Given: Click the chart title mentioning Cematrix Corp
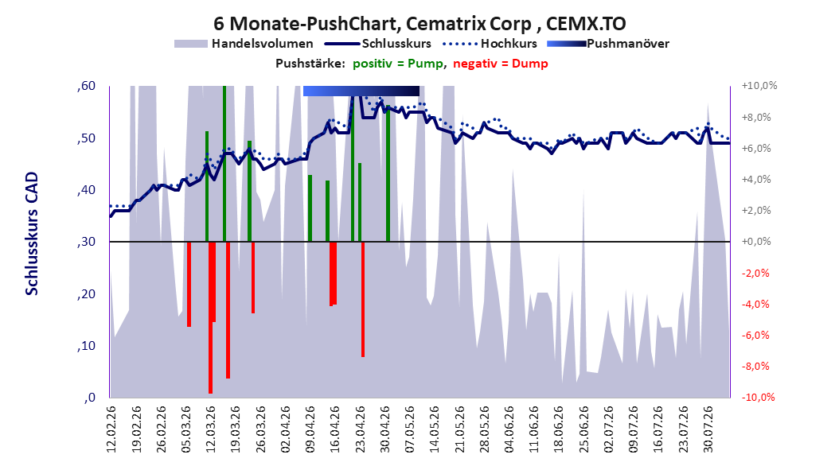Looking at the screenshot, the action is point(419,24).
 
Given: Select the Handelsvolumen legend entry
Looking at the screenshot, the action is point(244,44).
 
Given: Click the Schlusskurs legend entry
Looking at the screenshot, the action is point(378,44).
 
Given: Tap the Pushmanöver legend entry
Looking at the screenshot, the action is point(608,44).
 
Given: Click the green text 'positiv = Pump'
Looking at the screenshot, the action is point(397,64).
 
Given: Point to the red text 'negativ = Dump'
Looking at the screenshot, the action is point(501,64).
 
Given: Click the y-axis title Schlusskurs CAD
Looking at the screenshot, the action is point(32,234).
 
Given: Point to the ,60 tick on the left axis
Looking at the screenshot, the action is point(86,86).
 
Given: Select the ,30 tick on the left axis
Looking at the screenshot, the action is point(86,242).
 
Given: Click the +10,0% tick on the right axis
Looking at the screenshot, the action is point(759,86).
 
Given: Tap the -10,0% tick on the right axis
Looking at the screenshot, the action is point(758,397).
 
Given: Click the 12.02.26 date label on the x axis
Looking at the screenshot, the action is point(111,429).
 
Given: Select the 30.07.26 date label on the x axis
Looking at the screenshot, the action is point(708,429).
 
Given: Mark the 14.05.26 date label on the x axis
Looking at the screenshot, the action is point(435,429).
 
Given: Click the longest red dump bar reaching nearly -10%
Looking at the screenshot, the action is point(210,317).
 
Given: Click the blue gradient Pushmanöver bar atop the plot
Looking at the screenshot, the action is point(361,91).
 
